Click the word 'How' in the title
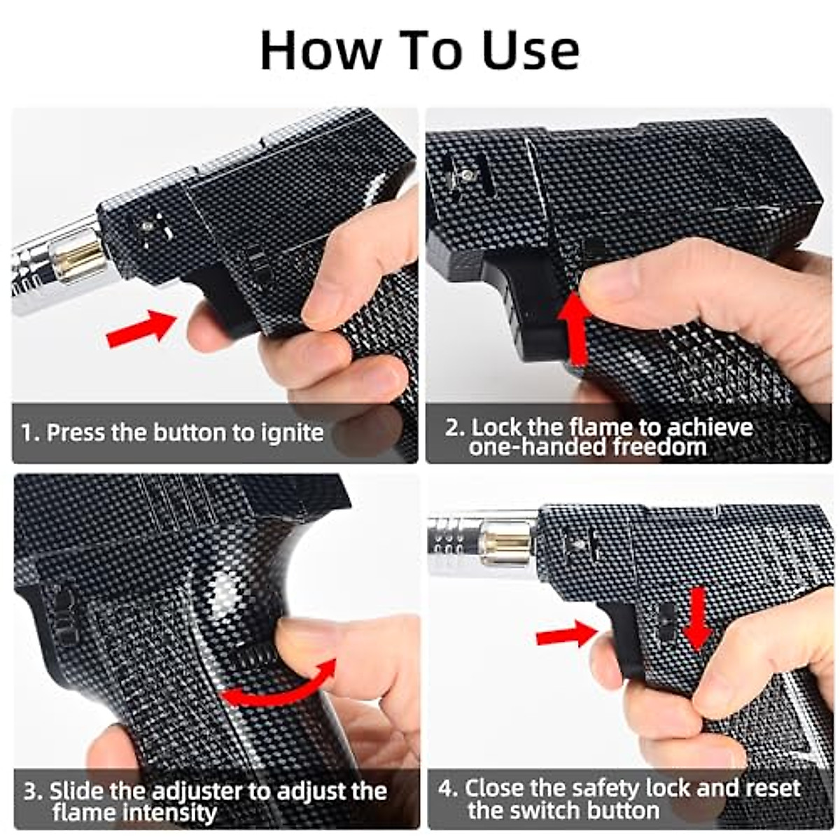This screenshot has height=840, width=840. [320, 50]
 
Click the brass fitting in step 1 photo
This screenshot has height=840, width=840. [83, 255]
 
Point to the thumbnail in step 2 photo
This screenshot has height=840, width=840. [608, 283]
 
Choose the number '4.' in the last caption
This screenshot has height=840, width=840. [448, 788]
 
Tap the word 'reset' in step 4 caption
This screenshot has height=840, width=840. [772, 788]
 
